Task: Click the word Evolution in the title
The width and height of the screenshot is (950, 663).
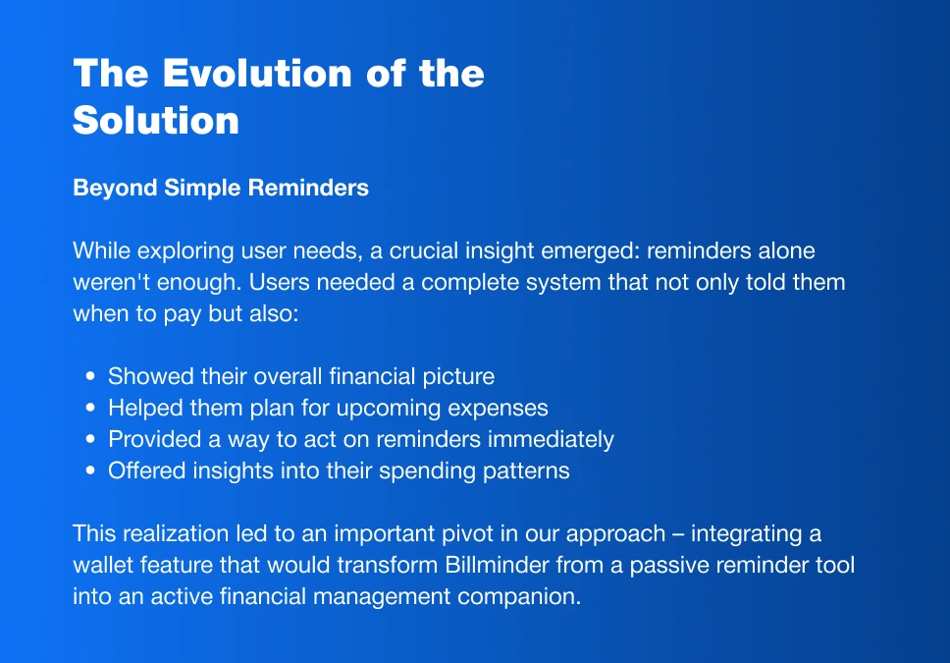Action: click(x=257, y=74)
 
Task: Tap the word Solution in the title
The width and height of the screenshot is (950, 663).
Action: click(x=156, y=120)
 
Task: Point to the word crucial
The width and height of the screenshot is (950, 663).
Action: click(x=424, y=250)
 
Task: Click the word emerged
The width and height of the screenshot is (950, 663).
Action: click(x=590, y=251)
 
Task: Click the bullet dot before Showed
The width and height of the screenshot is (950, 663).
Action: click(x=90, y=376)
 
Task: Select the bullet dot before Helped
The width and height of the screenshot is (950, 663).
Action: click(x=90, y=408)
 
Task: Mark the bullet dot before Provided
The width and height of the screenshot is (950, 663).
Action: click(x=90, y=439)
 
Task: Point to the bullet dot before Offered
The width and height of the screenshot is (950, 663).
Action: click(x=90, y=470)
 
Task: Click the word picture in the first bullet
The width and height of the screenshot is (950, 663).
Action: click(x=458, y=377)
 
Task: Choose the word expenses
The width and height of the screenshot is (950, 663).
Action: click(x=498, y=409)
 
